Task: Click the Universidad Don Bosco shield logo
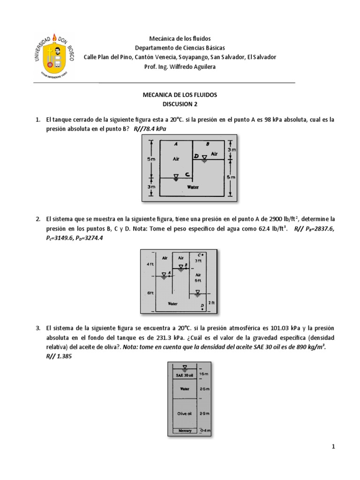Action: click(x=55, y=55)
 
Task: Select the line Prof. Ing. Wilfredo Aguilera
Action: click(x=180, y=67)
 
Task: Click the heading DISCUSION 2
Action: click(x=180, y=104)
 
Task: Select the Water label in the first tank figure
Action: click(x=193, y=187)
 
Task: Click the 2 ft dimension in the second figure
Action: click(x=211, y=303)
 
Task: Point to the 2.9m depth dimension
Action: click(x=204, y=414)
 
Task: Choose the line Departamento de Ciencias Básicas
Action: click(x=180, y=48)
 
